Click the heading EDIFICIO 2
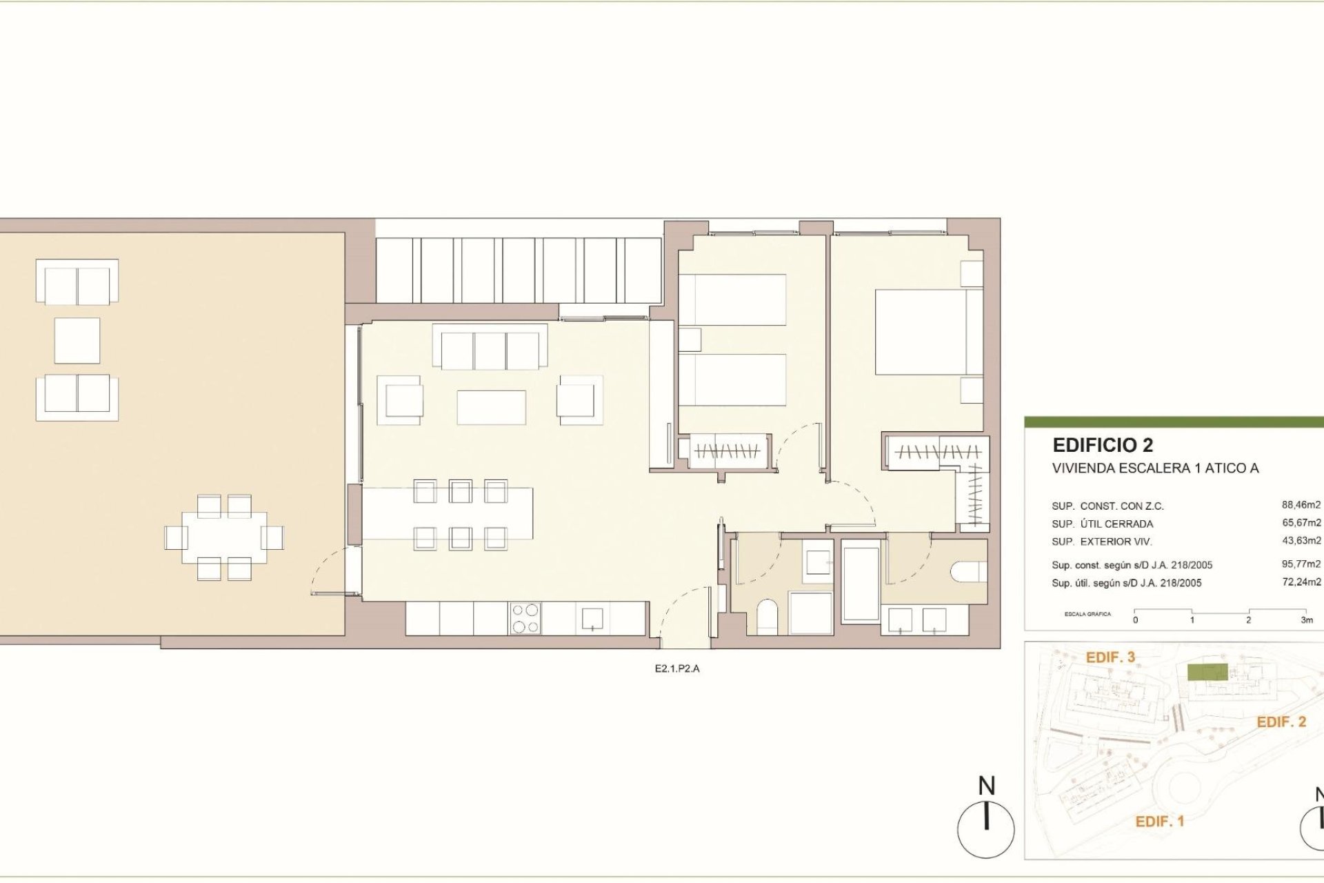(1102, 445)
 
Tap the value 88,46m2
(1301, 505)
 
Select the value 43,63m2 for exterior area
(1301, 541)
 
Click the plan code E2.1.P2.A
(676, 668)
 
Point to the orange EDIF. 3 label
(1110, 657)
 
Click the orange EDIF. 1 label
(1159, 822)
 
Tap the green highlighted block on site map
(1207, 672)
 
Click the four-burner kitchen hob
(525, 618)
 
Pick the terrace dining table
(224, 537)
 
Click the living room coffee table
(491, 407)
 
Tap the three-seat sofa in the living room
(490, 350)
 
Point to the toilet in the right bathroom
(967, 572)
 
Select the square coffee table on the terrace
(77, 340)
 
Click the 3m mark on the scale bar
(1306, 619)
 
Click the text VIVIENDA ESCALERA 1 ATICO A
(1155, 468)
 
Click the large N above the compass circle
(986, 786)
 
